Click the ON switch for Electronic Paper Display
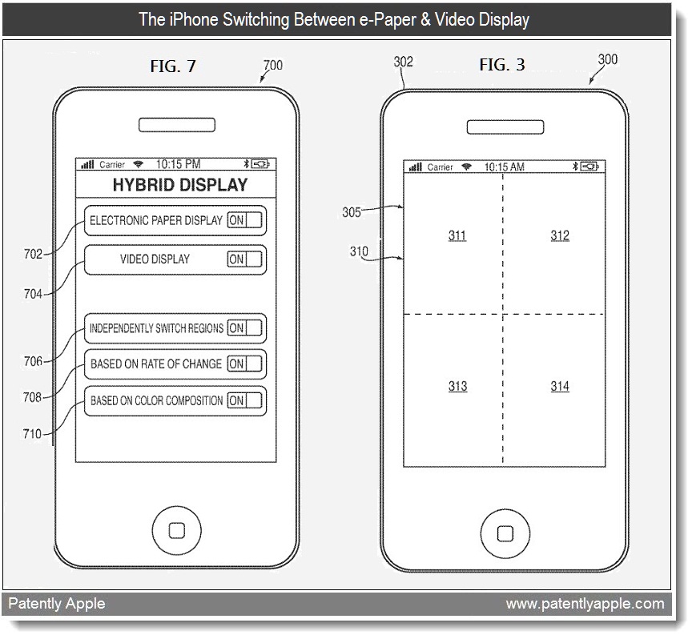point(244,220)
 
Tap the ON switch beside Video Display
point(244,259)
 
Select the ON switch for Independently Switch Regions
point(244,328)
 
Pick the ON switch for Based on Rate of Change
point(244,364)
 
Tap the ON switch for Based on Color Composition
point(244,400)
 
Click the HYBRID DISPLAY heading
point(180,185)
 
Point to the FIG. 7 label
point(173,66)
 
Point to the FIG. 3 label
point(502,65)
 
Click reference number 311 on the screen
point(457,235)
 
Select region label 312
point(560,235)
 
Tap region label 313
point(457,387)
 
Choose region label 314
point(560,387)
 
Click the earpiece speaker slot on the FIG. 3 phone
point(504,127)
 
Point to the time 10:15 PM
point(178,164)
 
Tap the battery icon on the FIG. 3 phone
point(590,167)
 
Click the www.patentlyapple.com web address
point(585,603)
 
